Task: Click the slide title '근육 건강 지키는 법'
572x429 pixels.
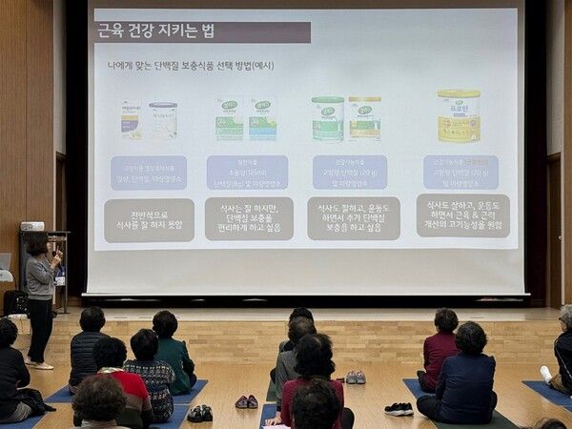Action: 158,31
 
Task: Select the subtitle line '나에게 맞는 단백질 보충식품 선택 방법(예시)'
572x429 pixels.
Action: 190,66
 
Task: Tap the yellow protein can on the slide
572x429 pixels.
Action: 459,116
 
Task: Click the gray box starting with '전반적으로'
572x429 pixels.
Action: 149,219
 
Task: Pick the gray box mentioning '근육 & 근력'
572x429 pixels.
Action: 462,216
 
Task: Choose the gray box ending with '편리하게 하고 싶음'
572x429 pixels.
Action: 249,218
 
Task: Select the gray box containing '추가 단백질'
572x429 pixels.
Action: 354,218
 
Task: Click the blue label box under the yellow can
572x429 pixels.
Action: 460,173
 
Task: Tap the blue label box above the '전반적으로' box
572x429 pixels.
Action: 149,173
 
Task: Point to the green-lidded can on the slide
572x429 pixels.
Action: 327,119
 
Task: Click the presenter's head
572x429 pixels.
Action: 37,244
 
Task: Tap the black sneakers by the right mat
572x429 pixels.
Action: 398,409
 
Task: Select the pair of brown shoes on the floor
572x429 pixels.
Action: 247,401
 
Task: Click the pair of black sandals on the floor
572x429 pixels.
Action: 200,413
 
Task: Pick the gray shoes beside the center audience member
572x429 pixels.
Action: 355,378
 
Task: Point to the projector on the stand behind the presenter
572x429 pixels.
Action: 32,226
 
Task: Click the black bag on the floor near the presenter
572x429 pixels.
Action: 15,302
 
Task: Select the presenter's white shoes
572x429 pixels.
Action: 41,364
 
